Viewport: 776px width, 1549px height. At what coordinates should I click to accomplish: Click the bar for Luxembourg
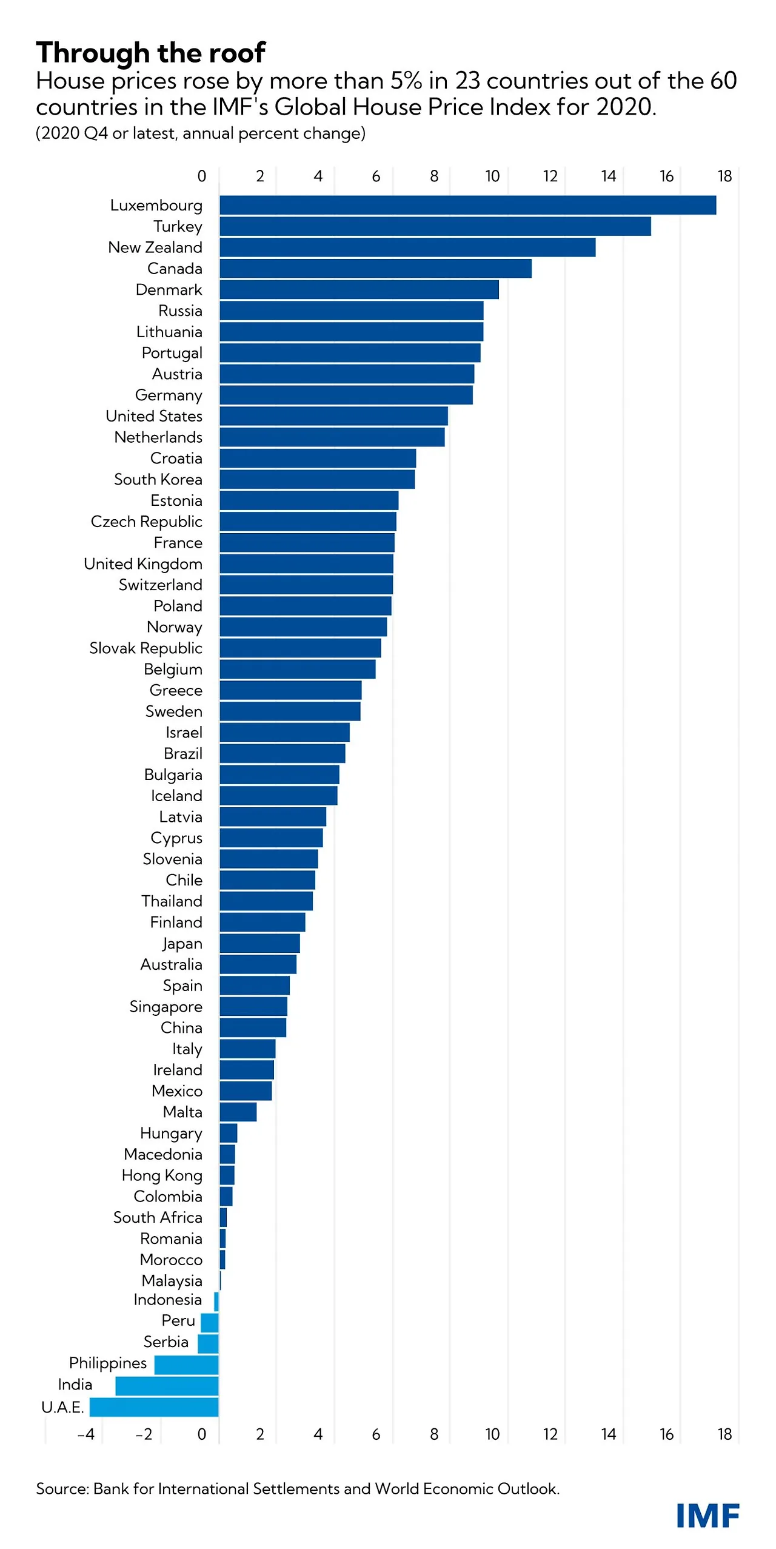point(467,205)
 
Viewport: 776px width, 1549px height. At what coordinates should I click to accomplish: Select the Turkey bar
point(435,226)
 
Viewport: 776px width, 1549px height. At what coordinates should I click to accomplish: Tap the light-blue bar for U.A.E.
point(154,1406)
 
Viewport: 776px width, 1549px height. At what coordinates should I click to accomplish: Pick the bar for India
point(167,1385)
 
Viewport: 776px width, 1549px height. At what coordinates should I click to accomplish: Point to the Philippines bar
point(186,1365)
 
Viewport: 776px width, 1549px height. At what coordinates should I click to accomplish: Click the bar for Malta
point(238,1112)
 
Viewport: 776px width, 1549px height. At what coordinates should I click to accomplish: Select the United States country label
point(154,416)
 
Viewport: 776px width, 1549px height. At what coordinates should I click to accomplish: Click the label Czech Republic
point(146,522)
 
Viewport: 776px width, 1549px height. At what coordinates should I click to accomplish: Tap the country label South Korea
point(158,479)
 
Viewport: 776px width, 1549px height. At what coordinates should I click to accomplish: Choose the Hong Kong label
point(162,1175)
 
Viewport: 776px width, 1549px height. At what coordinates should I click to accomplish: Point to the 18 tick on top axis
point(724,176)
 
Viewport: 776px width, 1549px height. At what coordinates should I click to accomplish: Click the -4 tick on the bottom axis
point(85,1434)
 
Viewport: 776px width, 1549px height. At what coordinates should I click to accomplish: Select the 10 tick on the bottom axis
point(492,1434)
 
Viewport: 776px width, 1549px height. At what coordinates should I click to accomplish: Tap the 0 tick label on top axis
point(202,176)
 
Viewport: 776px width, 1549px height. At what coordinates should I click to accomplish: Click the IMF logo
point(707,1516)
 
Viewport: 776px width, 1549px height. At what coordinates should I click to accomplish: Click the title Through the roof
point(150,53)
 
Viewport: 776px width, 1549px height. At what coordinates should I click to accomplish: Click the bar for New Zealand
point(407,247)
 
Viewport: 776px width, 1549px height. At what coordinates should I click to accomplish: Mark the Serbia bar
point(208,1343)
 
